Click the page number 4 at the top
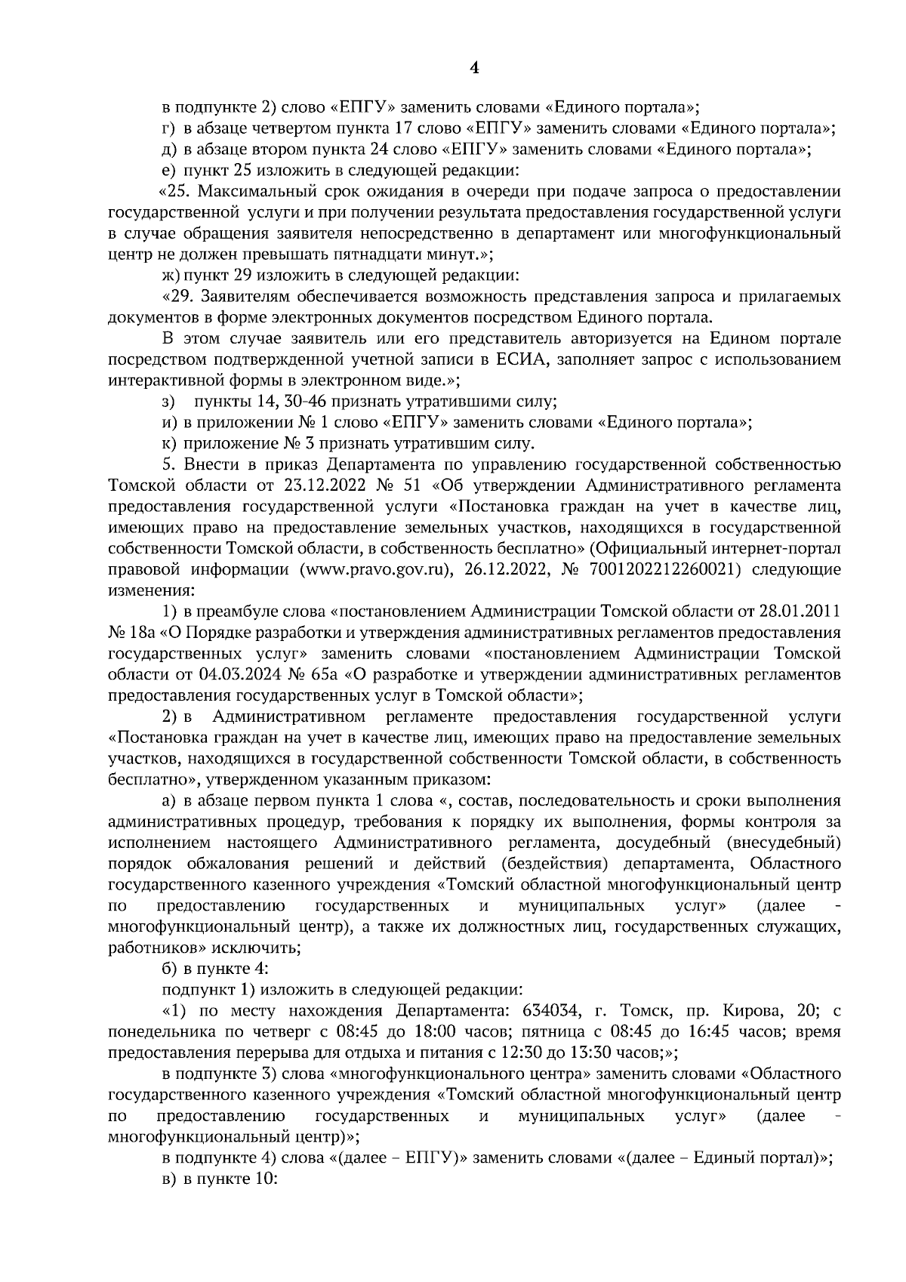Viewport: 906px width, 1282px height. tap(474, 69)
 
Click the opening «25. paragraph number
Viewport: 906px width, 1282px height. tap(174, 192)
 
